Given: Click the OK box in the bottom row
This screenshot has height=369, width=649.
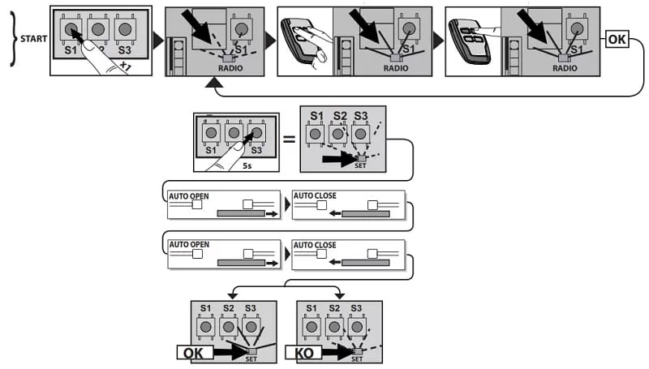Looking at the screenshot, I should (195, 352).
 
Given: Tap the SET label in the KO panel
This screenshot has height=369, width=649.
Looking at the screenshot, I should (357, 358).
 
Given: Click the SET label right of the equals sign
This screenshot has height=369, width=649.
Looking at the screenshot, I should (360, 165).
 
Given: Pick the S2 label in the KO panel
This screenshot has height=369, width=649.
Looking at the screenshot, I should (334, 308).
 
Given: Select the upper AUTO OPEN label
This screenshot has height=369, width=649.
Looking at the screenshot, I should (188, 196).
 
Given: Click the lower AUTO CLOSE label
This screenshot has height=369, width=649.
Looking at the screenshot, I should (314, 244).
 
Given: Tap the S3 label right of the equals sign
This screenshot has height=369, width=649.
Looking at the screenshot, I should (361, 115).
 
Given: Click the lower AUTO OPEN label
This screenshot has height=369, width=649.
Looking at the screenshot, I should (188, 244).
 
